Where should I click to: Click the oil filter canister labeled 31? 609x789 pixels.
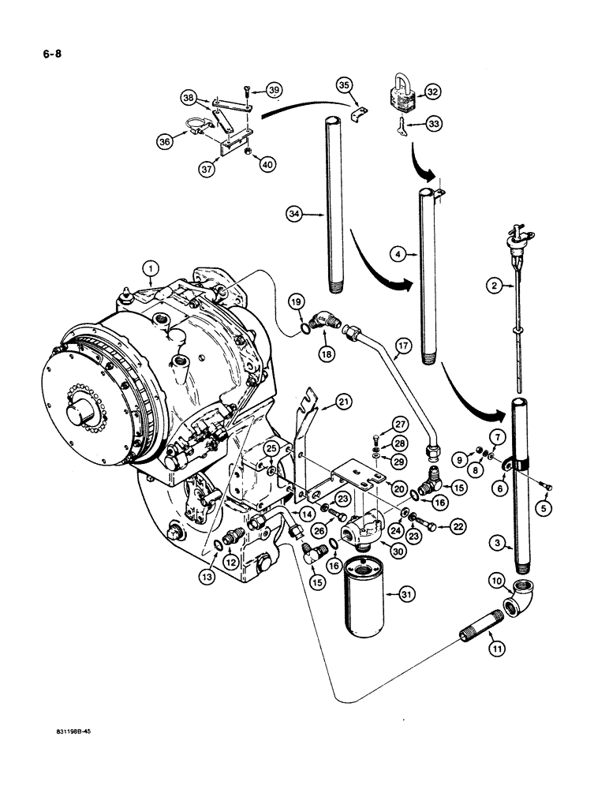(366, 599)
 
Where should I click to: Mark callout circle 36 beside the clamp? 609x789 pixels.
(166, 143)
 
